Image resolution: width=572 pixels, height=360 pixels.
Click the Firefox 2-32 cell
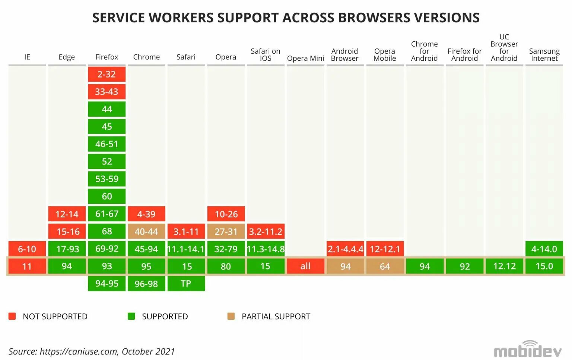coord(107,74)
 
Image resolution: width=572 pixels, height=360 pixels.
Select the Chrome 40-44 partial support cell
coord(146,231)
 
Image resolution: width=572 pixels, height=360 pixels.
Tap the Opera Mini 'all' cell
coord(305,266)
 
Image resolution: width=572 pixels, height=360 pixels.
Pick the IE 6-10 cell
coord(27,249)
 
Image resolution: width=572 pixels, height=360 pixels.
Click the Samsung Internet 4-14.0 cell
coord(544,249)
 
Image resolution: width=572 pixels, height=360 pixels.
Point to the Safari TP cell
coord(186,284)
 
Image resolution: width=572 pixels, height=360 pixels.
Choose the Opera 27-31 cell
coord(226,231)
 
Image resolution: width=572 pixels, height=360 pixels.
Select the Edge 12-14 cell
coord(67,214)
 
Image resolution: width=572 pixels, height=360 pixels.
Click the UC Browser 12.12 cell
coord(504,266)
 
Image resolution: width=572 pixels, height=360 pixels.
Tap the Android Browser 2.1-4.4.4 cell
coord(345,249)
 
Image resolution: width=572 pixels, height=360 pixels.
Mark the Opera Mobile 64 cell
coord(385,266)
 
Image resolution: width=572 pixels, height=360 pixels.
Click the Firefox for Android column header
coord(464,54)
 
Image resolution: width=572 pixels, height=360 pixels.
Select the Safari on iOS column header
coord(266,54)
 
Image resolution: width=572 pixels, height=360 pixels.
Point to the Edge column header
coord(67,57)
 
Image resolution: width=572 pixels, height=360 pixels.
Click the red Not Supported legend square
coord(12,316)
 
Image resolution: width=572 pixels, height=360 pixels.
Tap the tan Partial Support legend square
coord(231,316)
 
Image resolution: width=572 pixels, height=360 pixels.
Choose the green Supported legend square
coord(131,316)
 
